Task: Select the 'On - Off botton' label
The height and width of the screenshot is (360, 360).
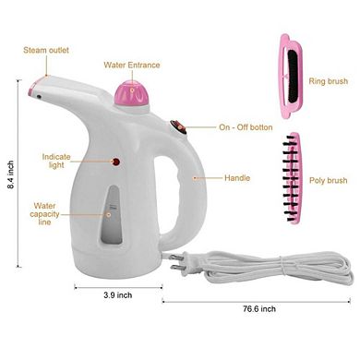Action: (245, 127)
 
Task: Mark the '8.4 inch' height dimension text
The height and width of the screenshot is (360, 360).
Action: (10, 175)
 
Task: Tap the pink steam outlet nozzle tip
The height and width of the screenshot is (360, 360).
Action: (35, 90)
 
